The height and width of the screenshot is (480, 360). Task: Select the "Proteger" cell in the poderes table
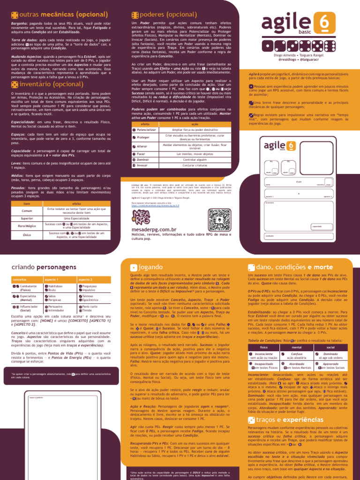pos(144,137)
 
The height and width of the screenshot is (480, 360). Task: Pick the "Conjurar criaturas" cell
pos(192,165)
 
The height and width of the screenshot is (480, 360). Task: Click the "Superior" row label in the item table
pos(27,218)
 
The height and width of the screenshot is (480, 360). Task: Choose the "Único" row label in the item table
pos(27,235)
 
